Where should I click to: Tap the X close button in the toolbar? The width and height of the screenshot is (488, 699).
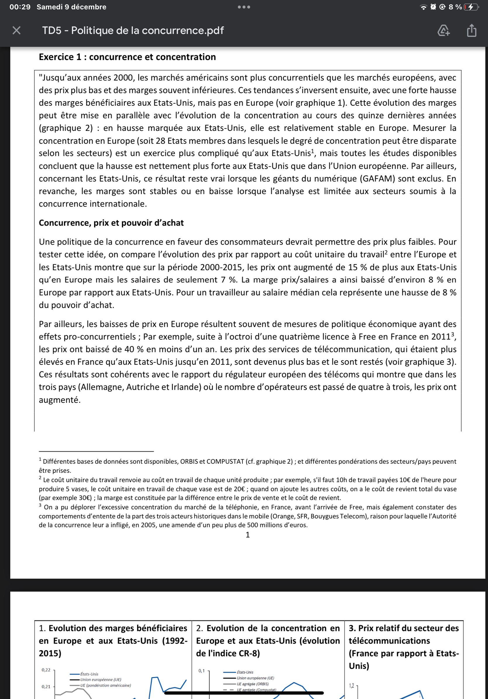click(16, 30)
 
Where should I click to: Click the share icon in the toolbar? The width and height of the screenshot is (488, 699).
click(471, 30)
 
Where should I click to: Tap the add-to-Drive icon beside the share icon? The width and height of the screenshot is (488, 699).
click(443, 30)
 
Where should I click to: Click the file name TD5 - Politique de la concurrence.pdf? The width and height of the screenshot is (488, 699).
click(133, 30)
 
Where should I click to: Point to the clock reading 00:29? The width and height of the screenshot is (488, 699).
click(20, 7)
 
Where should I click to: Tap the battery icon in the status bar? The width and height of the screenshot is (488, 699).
click(471, 7)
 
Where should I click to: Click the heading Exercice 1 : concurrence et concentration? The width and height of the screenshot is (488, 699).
click(127, 57)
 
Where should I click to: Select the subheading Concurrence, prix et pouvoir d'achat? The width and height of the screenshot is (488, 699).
click(111, 223)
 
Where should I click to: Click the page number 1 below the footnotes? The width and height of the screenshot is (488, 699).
click(248, 535)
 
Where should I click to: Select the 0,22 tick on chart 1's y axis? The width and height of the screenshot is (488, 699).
click(46, 670)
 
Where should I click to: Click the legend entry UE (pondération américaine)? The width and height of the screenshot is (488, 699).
click(105, 685)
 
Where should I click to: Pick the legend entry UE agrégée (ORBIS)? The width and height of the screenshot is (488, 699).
click(252, 684)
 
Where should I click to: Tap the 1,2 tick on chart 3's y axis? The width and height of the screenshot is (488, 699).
click(351, 686)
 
